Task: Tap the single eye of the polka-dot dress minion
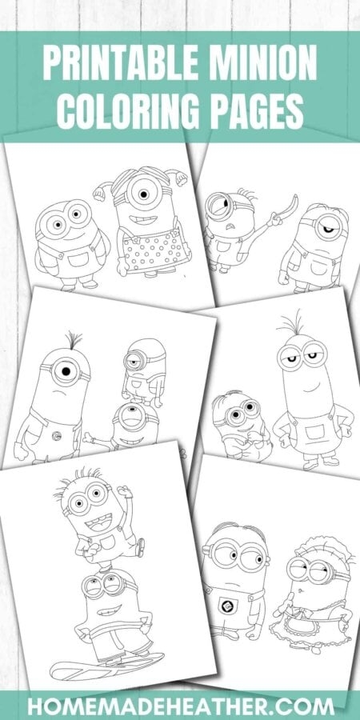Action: (x=143, y=194)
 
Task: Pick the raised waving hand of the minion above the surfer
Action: (x=125, y=492)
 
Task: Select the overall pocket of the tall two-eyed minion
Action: (x=314, y=432)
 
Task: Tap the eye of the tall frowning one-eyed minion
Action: (x=66, y=370)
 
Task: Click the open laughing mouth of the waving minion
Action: (x=98, y=522)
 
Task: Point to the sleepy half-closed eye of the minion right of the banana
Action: (x=327, y=228)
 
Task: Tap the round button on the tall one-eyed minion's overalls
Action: (x=56, y=436)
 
